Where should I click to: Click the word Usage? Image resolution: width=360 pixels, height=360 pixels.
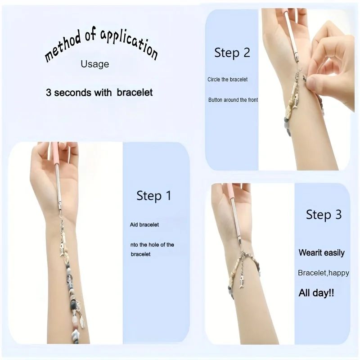(x=94, y=64)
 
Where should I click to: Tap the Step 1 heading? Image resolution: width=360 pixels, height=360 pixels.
(x=154, y=196)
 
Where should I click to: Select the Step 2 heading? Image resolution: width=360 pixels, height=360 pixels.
(x=232, y=53)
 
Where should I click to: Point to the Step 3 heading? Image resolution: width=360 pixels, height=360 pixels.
(x=324, y=215)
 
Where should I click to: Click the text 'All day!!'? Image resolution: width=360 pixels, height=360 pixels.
(x=316, y=293)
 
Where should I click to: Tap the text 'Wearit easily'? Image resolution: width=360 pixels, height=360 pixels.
(x=321, y=252)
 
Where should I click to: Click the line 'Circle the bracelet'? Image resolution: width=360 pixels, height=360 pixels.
(x=227, y=80)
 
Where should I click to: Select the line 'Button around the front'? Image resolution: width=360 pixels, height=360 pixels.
(x=233, y=100)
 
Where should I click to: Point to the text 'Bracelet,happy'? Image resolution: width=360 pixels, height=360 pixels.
(x=323, y=273)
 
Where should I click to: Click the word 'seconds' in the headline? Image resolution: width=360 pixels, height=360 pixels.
(x=73, y=93)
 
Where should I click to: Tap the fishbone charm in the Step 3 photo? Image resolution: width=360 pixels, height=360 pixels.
(x=242, y=279)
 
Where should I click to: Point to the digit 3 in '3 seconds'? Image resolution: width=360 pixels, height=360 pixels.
(x=48, y=93)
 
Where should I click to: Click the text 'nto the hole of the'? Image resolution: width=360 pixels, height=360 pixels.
(x=151, y=245)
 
